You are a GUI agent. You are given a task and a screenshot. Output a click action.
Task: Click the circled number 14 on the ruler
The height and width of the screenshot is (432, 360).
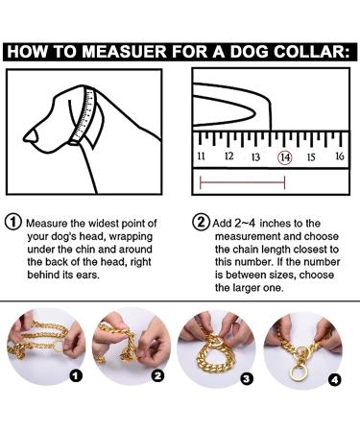coord(285,157)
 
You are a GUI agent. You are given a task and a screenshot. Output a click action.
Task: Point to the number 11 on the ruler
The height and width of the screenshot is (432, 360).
coord(201,156)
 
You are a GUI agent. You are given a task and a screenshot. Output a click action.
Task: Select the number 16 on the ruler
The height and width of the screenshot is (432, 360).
coord(340,156)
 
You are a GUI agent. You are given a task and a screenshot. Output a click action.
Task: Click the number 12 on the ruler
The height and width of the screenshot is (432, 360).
coord(228,156)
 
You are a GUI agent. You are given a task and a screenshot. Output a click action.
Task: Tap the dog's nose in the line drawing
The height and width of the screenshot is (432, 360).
coord(31,136)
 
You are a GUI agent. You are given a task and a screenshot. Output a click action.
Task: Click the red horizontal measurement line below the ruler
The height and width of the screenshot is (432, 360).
coord(242,182)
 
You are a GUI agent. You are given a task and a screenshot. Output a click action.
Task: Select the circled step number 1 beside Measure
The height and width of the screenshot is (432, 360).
coord(13,222)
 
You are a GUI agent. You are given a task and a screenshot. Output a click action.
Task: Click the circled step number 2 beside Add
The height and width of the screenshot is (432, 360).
coord(200,222)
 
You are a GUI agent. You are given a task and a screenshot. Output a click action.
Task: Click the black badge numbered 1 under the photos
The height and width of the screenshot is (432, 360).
coord(76,376)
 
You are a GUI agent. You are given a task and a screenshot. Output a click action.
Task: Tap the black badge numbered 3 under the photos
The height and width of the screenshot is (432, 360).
coord(247,379)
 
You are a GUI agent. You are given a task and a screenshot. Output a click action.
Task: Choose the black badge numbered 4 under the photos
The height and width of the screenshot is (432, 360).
coord(335,379)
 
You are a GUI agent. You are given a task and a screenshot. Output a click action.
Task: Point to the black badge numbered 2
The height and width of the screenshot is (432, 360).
coord(157,376)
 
